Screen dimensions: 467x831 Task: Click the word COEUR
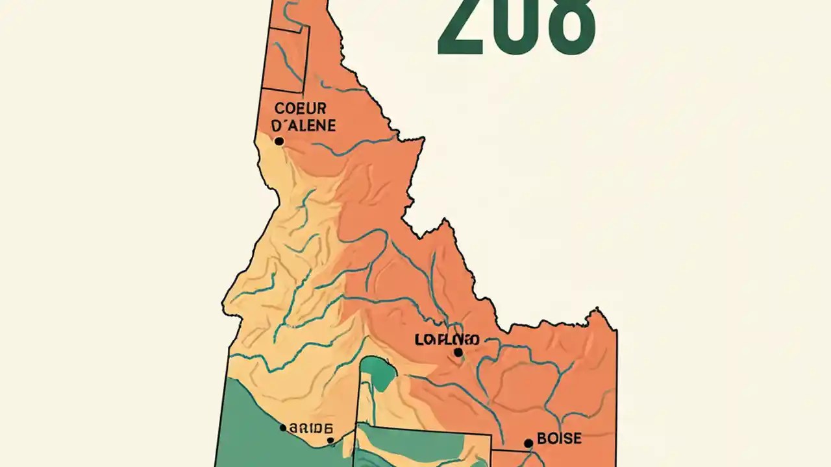[301, 108]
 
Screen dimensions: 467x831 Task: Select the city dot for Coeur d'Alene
[279, 141]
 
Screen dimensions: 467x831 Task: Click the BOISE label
[560, 439]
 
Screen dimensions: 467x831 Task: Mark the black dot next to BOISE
[528, 443]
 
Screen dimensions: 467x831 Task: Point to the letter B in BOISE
[542, 439]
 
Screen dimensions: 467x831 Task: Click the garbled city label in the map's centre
[447, 340]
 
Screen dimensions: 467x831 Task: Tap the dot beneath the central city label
[458, 352]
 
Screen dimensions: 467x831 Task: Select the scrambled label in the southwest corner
[311, 428]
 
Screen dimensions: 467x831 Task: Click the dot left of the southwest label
[282, 427]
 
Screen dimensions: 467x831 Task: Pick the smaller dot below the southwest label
[330, 440]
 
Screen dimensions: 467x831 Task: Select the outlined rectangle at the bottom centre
[422, 448]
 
